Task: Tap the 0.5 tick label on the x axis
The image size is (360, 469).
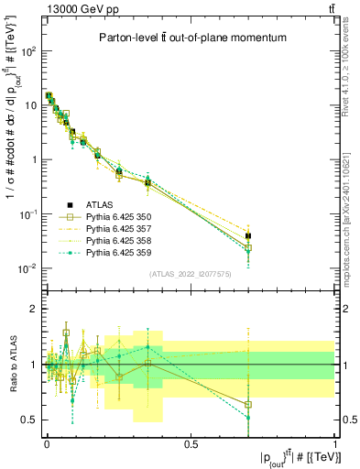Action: (191, 443)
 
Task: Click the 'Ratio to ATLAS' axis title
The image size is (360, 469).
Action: (10, 364)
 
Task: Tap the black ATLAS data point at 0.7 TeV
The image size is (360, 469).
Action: (248, 236)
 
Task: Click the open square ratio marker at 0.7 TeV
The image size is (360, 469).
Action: (248, 404)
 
